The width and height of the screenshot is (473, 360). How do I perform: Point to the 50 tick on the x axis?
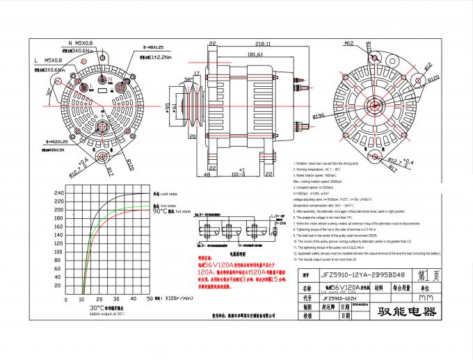click(151, 298)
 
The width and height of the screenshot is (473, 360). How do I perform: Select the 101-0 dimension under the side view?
click(240, 174)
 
